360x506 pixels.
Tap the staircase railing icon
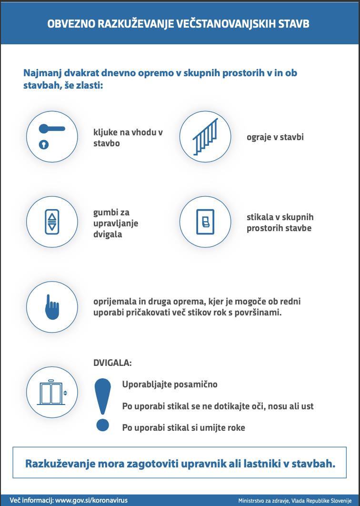pos(205,137)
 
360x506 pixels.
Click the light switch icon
pos(205,222)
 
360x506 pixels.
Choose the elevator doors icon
pos(51,393)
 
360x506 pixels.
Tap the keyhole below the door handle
pos(44,144)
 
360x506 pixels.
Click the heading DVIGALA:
pos(112,363)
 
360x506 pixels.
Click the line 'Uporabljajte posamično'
pos(170,385)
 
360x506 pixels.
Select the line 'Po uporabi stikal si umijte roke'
pos(183,427)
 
